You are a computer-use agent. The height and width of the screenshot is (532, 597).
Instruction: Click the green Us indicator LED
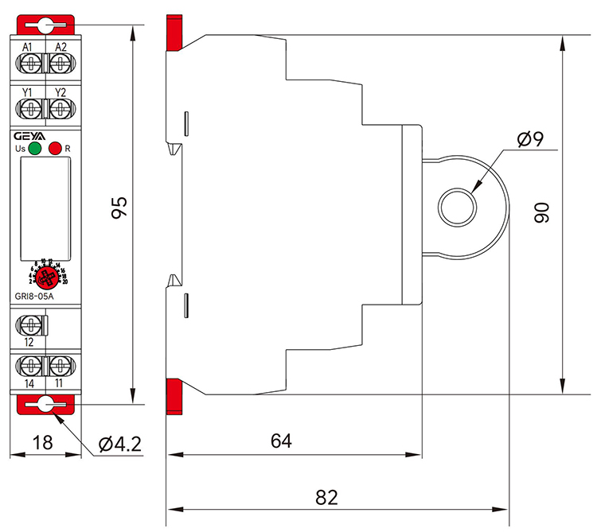tap(34, 148)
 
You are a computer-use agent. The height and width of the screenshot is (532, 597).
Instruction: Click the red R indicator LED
tap(54, 148)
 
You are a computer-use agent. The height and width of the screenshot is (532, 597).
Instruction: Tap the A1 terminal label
tap(27, 48)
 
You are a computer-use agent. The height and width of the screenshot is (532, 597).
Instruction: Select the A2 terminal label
tap(60, 48)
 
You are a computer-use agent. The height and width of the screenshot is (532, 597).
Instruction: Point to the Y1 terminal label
tap(27, 93)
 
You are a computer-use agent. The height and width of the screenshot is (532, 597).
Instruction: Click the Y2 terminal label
tap(60, 93)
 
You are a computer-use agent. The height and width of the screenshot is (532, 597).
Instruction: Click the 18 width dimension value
tap(43, 443)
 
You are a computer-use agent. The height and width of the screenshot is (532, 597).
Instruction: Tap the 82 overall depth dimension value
tap(326, 498)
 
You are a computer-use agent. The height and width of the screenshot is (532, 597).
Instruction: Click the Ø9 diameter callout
tap(529, 141)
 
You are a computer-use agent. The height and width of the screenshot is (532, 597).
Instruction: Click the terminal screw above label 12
tap(31, 324)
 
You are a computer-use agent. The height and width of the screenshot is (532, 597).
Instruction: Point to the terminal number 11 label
tap(61, 382)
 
